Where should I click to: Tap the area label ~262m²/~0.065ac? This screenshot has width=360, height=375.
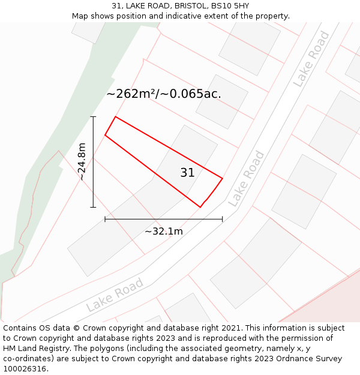tap(164, 94)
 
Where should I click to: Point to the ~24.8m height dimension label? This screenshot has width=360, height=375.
tap(82, 161)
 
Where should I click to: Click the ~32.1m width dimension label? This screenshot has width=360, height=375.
tap(164, 231)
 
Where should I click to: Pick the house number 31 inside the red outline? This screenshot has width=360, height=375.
tap(187, 173)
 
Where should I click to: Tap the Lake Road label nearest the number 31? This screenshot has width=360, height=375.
tap(247, 179)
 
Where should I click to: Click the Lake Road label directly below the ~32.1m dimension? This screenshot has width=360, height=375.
tap(115, 295)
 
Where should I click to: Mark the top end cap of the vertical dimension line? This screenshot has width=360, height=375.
tap(93, 116)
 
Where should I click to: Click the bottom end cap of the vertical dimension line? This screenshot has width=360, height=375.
tap(93, 207)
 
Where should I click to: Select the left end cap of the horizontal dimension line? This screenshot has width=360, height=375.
tap(105, 219)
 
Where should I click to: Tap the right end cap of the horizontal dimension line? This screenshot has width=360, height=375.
tap(222, 219)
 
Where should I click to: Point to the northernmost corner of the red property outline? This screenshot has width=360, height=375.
tap(115, 116)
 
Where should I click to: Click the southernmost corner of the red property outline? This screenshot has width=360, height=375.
tap(200, 207)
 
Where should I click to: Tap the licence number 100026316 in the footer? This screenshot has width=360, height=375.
tap(25, 369)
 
